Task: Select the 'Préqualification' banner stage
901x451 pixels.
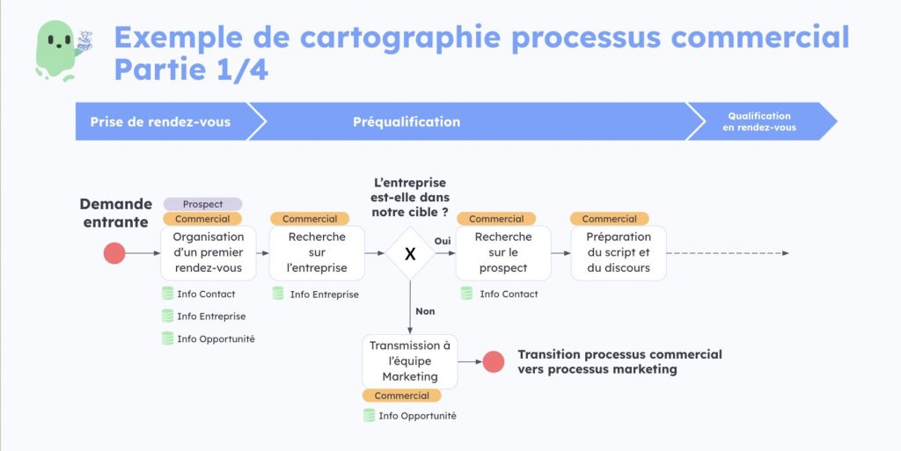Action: click(x=407, y=121)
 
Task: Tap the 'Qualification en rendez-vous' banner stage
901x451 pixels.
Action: click(x=758, y=121)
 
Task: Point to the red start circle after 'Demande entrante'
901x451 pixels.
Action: click(x=114, y=253)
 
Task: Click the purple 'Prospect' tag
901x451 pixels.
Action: click(x=202, y=204)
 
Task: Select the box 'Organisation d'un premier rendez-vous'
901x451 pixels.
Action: click(x=209, y=253)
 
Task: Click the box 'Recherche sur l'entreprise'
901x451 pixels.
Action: click(x=317, y=253)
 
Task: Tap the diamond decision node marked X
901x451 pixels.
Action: click(x=409, y=253)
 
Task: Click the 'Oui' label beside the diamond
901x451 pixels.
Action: click(x=443, y=241)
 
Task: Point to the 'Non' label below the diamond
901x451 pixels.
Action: click(x=425, y=311)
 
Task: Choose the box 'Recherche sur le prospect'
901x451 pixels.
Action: click(x=503, y=253)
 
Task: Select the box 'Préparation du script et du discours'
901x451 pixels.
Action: click(x=618, y=253)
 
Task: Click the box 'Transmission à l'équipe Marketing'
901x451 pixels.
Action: click(x=410, y=361)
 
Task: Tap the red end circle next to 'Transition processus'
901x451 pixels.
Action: click(x=494, y=361)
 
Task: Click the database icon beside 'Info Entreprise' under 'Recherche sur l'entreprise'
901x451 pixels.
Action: click(x=278, y=294)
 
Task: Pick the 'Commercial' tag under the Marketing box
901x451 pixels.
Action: click(x=401, y=396)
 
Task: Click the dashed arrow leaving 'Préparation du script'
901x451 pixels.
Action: click(x=727, y=253)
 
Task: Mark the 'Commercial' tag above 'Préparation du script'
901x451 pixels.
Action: click(x=609, y=219)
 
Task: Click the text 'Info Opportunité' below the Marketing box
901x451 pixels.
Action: click(x=417, y=416)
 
